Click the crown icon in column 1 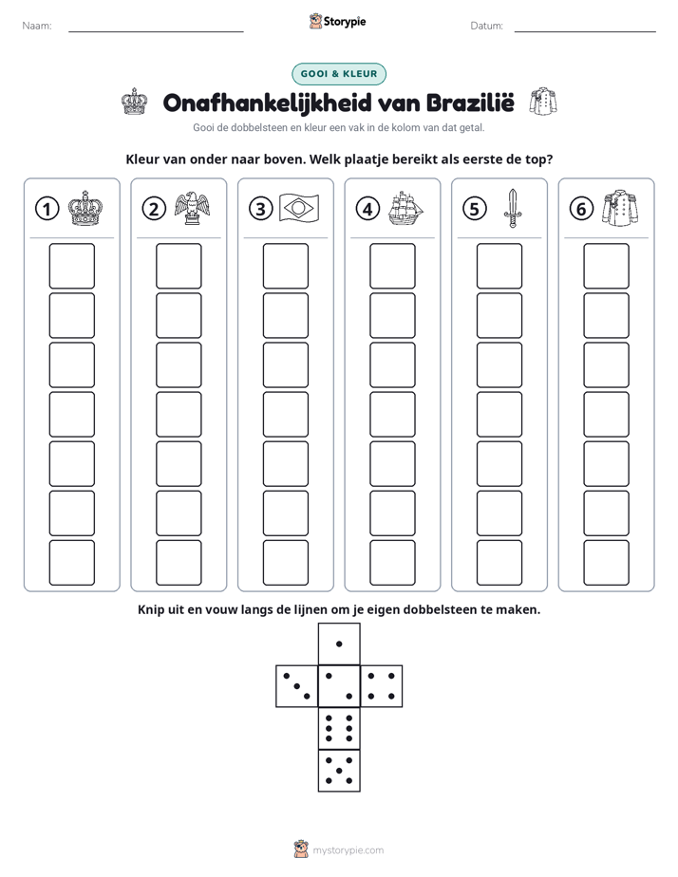point(85,208)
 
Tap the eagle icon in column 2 point(192,208)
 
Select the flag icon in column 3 point(299,209)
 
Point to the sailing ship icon point(405,208)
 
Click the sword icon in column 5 point(513,208)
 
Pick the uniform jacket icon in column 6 point(620,208)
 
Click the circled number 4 point(367,209)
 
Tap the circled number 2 point(154,209)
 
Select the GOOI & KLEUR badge point(339,74)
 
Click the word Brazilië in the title point(470,103)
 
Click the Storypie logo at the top point(337,21)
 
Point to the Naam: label point(37,26)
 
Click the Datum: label point(487,26)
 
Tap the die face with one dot point(339,644)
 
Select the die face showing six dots point(339,728)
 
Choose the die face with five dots point(339,770)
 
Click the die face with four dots point(382,685)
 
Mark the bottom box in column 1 point(71,562)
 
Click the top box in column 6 point(607,266)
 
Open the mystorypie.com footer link point(348,850)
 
